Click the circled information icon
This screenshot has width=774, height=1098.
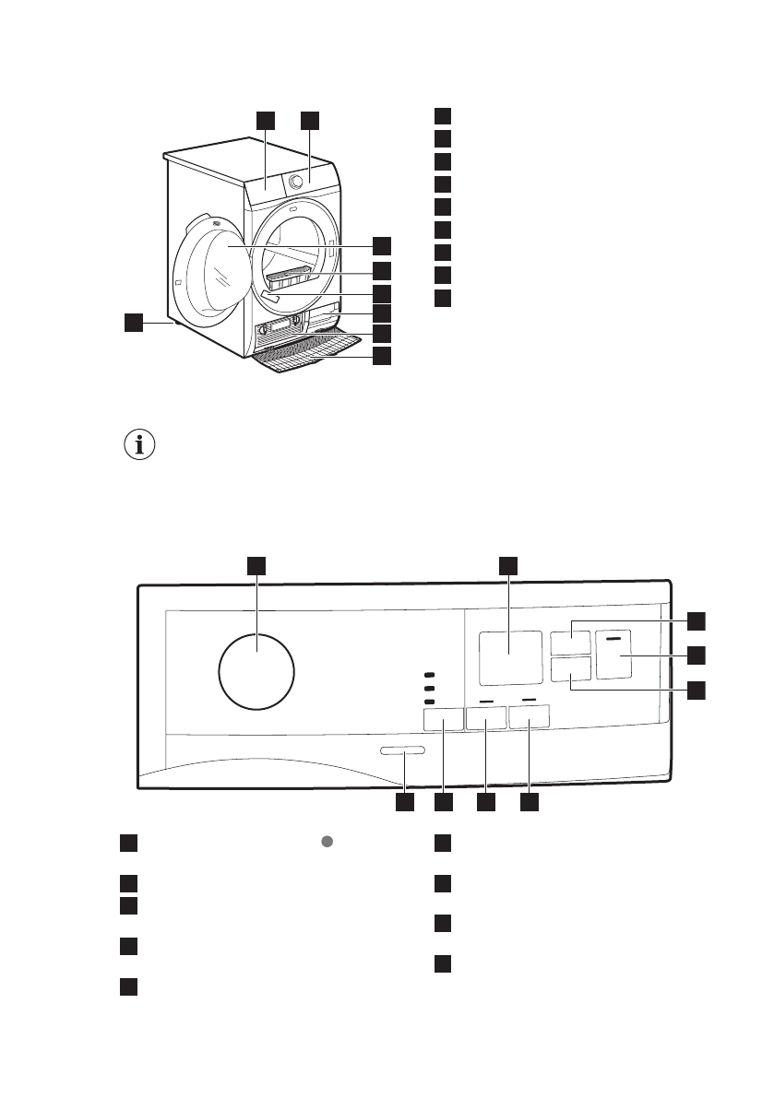tap(139, 445)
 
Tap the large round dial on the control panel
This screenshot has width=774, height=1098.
tap(256, 672)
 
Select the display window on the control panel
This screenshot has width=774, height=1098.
tap(510, 657)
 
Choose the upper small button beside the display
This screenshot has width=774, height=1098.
tap(569, 642)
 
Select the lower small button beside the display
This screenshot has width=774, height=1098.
tap(569, 669)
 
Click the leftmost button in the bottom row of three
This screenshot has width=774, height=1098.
tap(443, 719)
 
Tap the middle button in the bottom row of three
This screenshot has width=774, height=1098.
tap(486, 718)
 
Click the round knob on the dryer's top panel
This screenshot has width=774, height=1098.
tap(296, 182)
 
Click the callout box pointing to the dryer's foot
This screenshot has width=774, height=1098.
tap(135, 322)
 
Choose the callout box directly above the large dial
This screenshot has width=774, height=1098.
tap(256, 566)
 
